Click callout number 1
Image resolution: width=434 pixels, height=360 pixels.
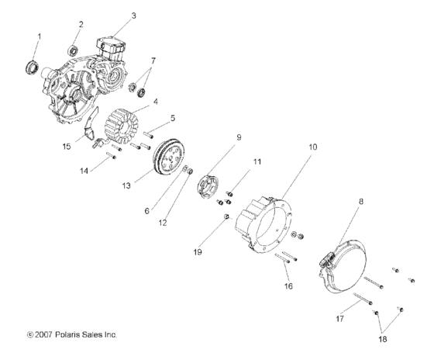coord(40,36)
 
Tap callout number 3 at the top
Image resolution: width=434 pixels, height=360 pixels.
coord(133,16)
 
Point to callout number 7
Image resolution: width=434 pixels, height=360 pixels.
coord(153,61)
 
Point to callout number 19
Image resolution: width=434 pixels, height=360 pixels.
coord(207,251)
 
